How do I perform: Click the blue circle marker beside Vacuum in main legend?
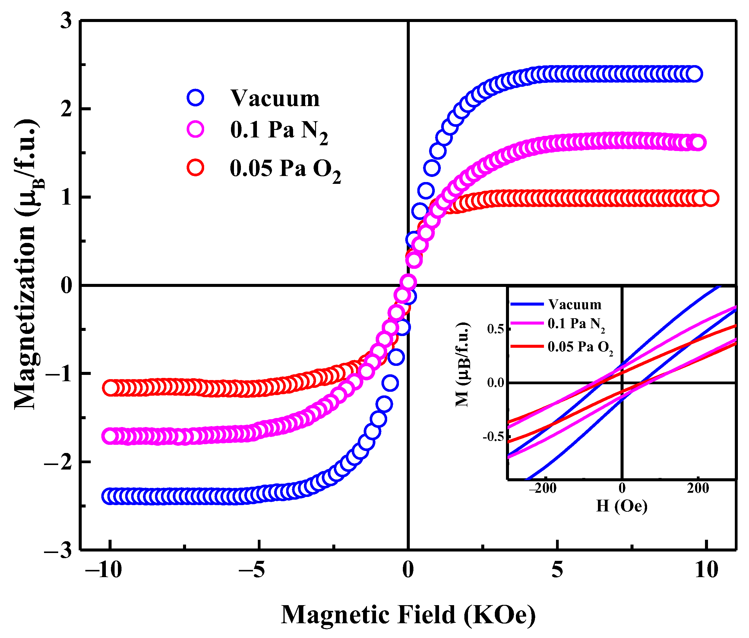click(x=195, y=98)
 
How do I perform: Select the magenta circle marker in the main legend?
click(x=195, y=129)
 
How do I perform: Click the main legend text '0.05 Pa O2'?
click(x=285, y=169)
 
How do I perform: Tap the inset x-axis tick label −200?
click(x=542, y=489)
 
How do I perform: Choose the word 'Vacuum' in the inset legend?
click(x=575, y=305)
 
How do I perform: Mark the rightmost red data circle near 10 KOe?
click(x=711, y=198)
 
